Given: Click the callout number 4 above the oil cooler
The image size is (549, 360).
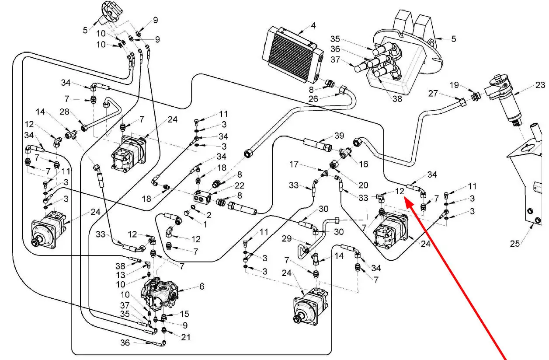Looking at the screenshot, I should (313, 25).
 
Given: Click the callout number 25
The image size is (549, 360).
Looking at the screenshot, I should (515, 243).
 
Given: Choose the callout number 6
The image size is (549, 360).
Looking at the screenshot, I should (202, 287).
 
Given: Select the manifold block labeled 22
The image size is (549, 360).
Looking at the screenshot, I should (202, 196).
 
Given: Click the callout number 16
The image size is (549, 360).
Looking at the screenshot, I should (363, 164).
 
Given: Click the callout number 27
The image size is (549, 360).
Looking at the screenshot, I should (445, 94).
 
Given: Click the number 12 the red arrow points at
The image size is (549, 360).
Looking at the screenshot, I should (400, 191).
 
